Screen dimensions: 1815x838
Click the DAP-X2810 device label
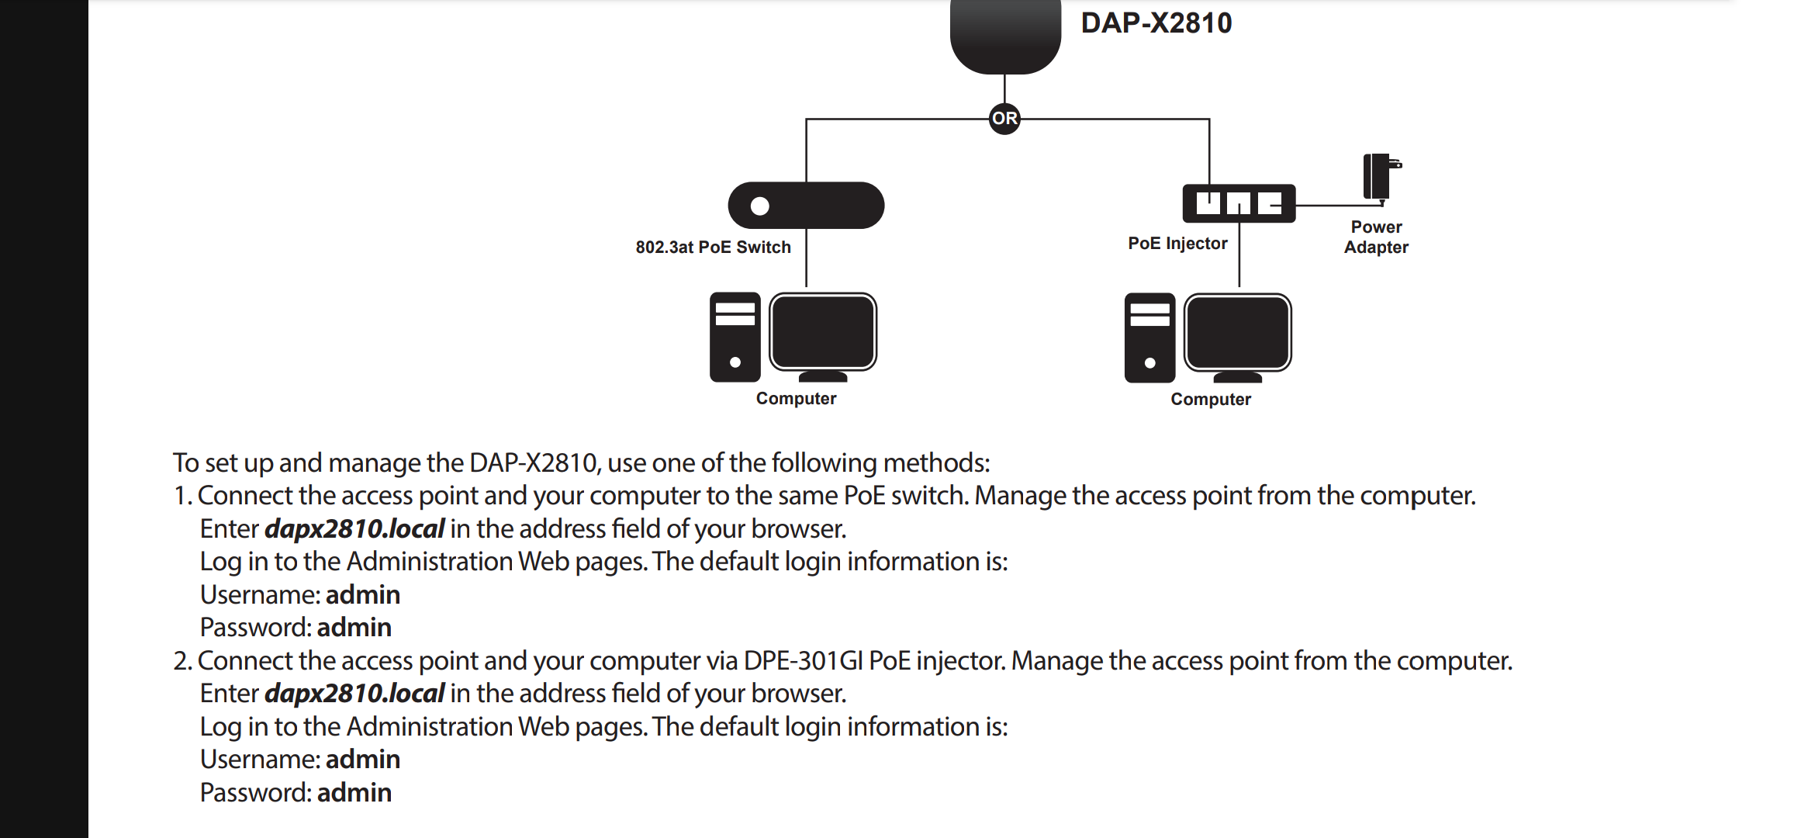point(1156,23)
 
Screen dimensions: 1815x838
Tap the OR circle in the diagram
point(1004,119)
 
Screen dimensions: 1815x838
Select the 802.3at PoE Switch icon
point(806,206)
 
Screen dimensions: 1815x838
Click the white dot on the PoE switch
point(760,206)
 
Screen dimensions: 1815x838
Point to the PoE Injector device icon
point(1239,203)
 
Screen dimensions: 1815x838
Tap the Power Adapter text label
point(1376,237)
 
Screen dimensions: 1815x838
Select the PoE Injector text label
point(1177,244)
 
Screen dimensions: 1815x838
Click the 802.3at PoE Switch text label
point(713,247)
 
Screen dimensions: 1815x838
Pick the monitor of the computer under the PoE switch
point(823,336)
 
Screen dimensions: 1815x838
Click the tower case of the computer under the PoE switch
point(735,337)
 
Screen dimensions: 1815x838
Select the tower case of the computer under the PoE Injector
point(1149,338)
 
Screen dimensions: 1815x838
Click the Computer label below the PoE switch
point(796,399)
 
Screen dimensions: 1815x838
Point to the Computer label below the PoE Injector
point(1211,400)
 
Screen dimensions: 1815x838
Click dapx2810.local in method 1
point(354,528)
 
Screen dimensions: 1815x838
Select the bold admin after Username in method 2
point(363,759)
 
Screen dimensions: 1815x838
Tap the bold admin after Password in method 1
point(354,627)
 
